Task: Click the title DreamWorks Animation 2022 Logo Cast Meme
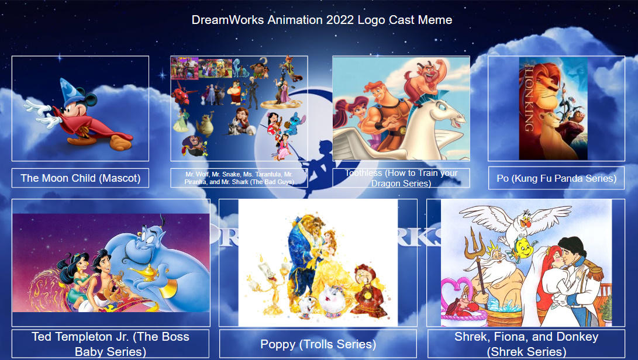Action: tap(322, 20)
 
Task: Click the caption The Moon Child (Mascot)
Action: tap(80, 178)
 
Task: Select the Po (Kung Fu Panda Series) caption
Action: tap(556, 178)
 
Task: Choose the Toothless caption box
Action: tap(401, 178)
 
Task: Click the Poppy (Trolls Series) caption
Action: tap(318, 344)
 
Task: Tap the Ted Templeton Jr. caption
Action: tap(111, 344)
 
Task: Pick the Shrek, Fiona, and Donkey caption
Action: tap(526, 344)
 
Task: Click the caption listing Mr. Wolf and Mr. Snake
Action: tap(239, 178)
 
